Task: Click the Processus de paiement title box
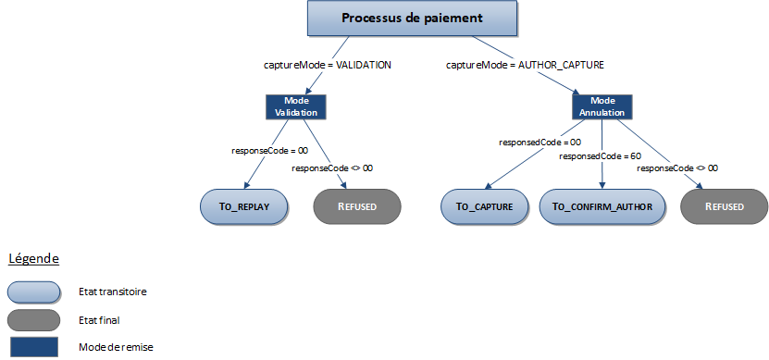[412, 19]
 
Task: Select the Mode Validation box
[296, 106]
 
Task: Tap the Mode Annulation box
[602, 106]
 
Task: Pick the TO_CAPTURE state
[484, 206]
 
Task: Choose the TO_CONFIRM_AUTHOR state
[602, 206]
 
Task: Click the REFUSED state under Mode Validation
[357, 206]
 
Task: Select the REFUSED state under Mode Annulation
[725, 206]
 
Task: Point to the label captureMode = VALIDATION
[328, 66]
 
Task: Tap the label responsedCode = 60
[601, 156]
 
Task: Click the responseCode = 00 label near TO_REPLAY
[269, 150]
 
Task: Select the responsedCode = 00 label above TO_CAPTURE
[540, 143]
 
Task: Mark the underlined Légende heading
[34, 258]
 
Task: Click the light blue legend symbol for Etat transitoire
[33, 292]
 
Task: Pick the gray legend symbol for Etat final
[33, 320]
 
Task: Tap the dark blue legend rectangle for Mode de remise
[33, 347]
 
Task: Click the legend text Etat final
[100, 320]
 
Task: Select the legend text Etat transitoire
[113, 292]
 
